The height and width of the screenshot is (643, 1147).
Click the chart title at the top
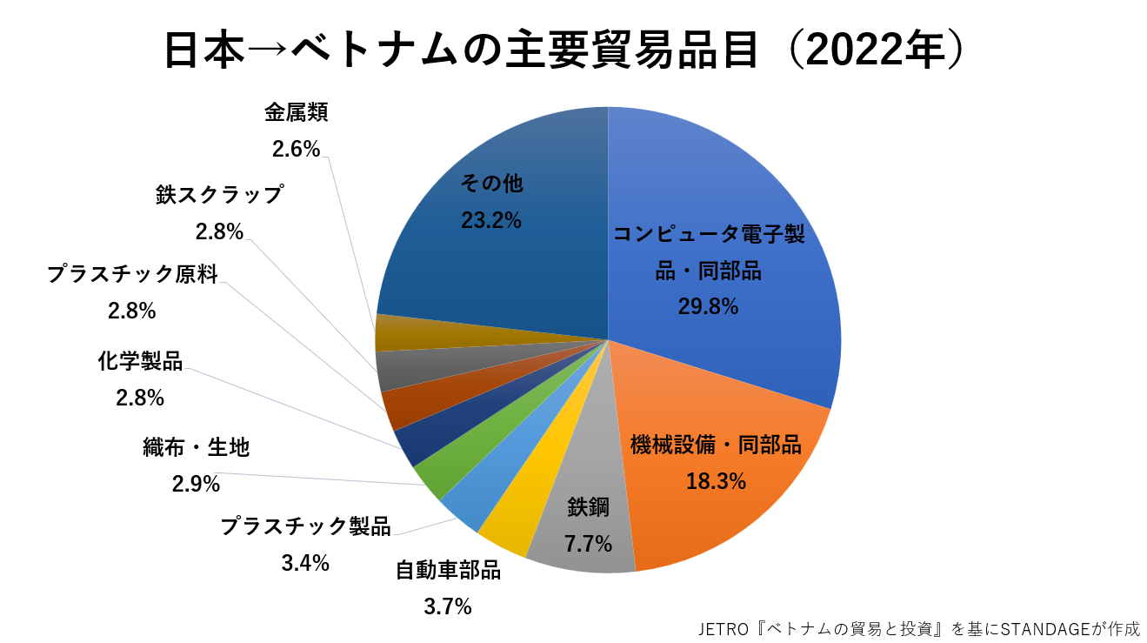(564, 50)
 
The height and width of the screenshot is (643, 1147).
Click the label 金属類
(297, 112)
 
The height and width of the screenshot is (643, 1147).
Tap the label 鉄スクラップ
(220, 194)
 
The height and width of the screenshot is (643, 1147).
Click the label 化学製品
(140, 361)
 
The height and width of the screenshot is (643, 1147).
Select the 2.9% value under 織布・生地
(196, 484)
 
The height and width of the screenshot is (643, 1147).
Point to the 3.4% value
(305, 563)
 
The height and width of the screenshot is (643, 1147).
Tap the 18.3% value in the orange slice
(716, 481)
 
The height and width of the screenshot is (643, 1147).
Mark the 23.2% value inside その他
(491, 220)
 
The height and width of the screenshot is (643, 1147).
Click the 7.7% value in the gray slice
(588, 545)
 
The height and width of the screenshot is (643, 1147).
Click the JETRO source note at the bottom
(918, 628)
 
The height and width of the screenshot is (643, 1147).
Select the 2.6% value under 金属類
(297, 150)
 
